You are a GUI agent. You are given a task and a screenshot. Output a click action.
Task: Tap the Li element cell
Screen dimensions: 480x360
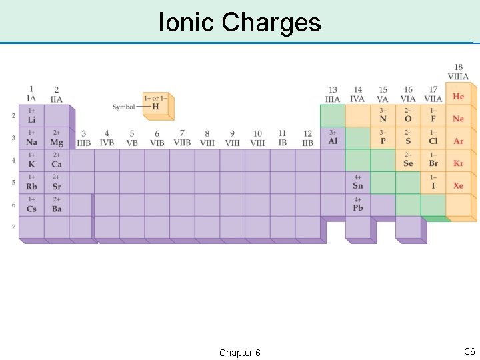tap(31, 116)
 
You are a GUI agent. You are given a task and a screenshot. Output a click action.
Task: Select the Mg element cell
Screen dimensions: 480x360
tap(57, 139)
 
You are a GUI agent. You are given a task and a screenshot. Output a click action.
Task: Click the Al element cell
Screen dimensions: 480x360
tap(333, 138)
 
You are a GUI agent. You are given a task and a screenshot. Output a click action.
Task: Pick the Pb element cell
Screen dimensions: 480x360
tap(358, 205)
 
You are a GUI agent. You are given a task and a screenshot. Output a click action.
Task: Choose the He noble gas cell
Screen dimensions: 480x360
tap(458, 97)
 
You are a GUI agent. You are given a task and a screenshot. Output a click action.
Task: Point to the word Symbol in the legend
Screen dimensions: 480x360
tap(123, 107)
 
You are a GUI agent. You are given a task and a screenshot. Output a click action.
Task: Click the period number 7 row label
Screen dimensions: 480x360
tap(13, 227)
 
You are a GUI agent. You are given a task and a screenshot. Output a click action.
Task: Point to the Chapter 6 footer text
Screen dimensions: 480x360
tap(240, 353)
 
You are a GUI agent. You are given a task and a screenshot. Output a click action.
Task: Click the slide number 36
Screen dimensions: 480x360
tap(469, 351)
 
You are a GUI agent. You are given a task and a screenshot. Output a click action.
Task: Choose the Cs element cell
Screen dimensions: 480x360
tap(31, 205)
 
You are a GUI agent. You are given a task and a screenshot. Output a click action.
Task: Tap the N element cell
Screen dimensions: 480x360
tap(383, 116)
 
